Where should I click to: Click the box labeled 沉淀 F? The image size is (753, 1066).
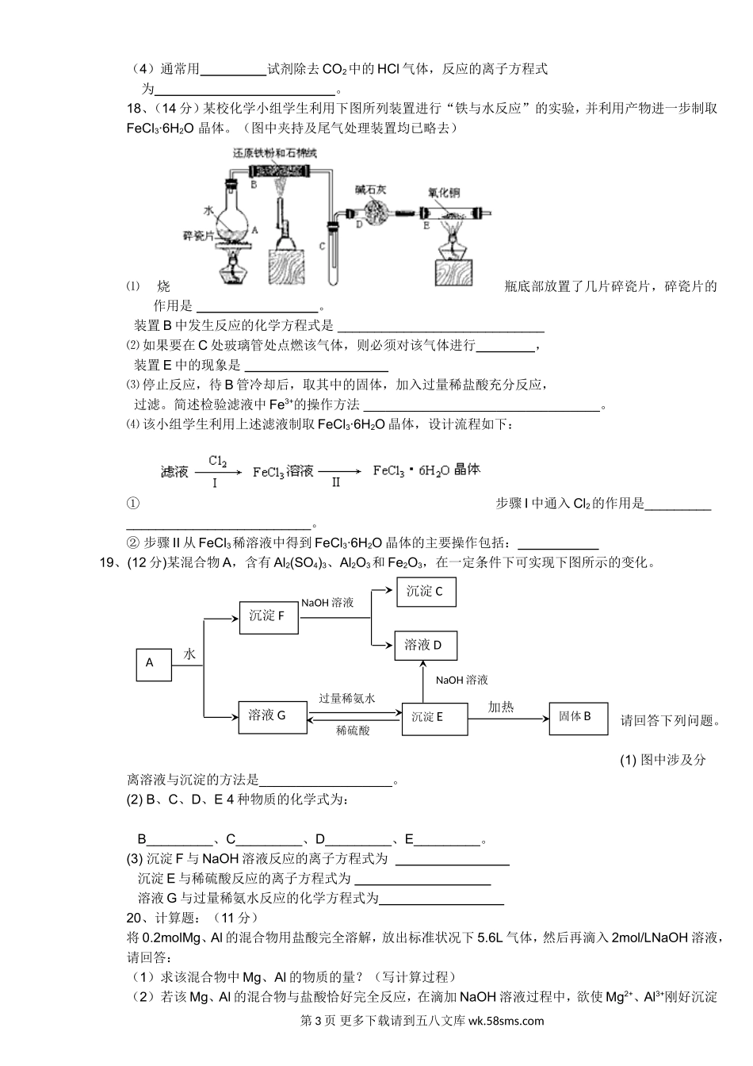(x=268, y=616)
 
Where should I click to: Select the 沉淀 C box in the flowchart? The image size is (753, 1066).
(x=426, y=592)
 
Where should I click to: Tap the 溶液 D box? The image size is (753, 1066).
(x=425, y=646)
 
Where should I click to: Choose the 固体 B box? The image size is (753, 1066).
(x=578, y=717)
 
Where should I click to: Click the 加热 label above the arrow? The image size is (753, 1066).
(x=500, y=706)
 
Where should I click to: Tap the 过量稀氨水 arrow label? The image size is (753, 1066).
(x=346, y=698)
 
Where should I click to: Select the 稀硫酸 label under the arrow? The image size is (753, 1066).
(x=353, y=730)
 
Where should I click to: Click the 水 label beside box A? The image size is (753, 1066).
(x=190, y=654)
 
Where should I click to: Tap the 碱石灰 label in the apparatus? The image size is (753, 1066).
(x=372, y=190)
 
